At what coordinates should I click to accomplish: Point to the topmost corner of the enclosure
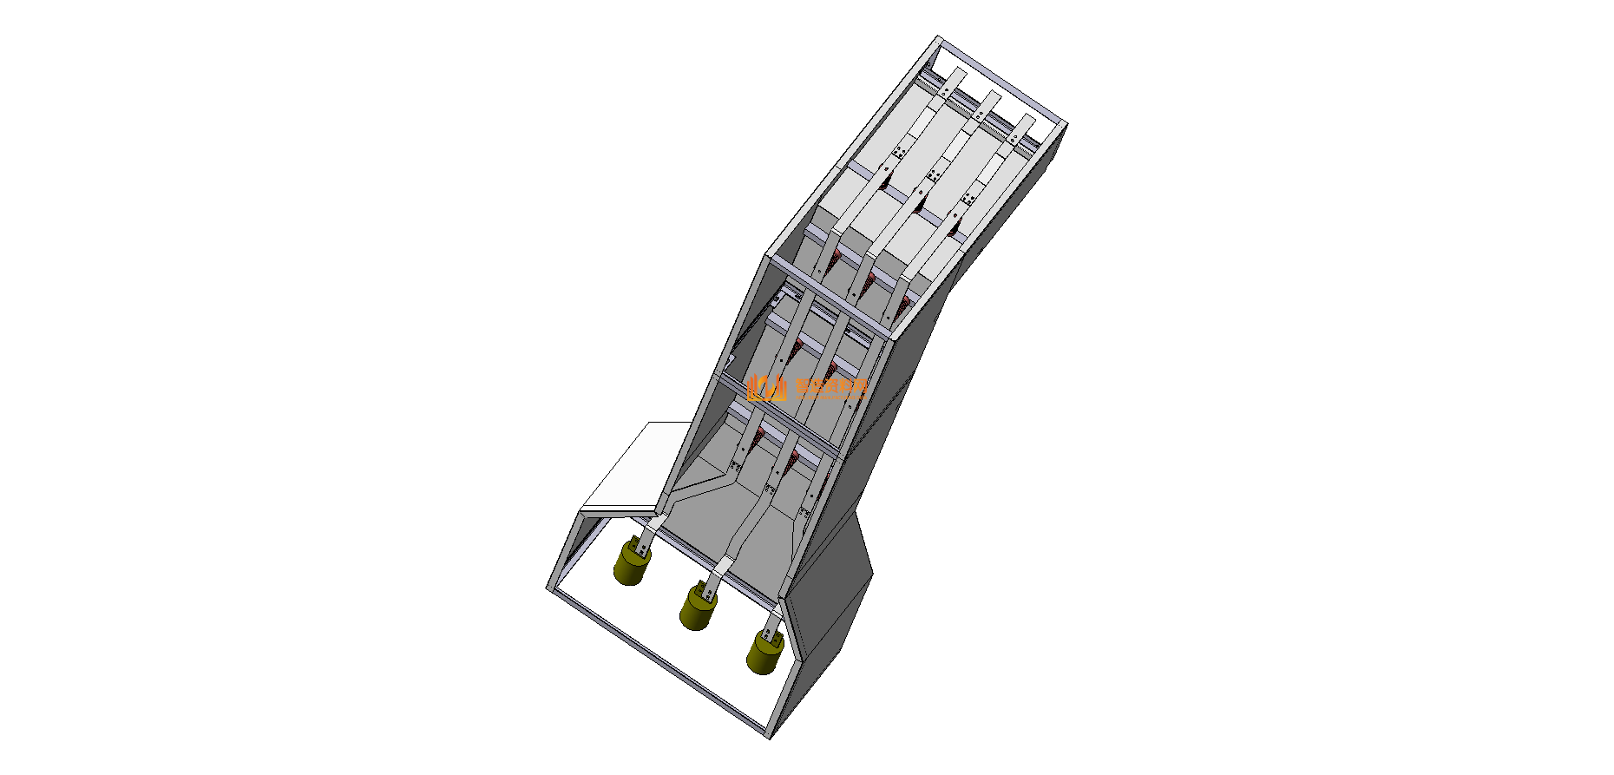(x=938, y=37)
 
